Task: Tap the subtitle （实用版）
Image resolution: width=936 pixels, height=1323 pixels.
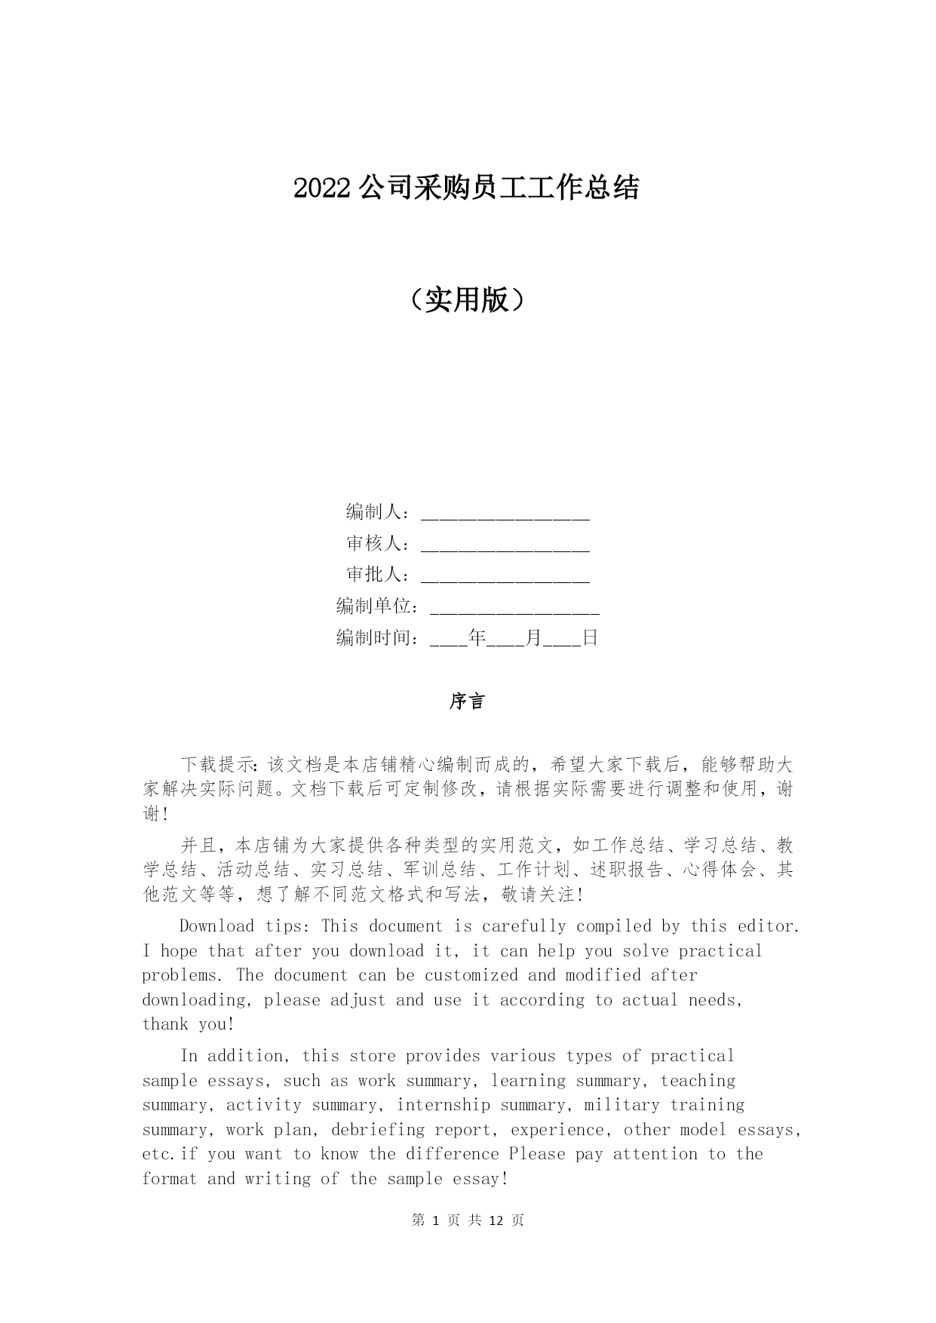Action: point(468,301)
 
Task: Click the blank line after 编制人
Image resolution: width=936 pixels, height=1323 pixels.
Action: point(505,514)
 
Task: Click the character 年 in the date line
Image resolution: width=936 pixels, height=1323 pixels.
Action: point(477,638)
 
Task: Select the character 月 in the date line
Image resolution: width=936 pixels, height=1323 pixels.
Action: point(534,638)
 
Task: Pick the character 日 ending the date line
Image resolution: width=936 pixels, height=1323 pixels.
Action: point(590,638)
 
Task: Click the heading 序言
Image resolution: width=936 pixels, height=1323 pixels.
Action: point(468,702)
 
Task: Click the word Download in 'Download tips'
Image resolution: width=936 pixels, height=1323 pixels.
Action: point(216,926)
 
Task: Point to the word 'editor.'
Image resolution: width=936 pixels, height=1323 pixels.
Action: point(769,926)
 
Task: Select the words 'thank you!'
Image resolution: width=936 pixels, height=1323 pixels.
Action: point(189,1024)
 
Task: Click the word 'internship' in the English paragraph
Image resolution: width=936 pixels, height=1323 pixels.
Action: point(443,1105)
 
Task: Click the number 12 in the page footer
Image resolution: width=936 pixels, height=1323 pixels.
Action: point(496,1220)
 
